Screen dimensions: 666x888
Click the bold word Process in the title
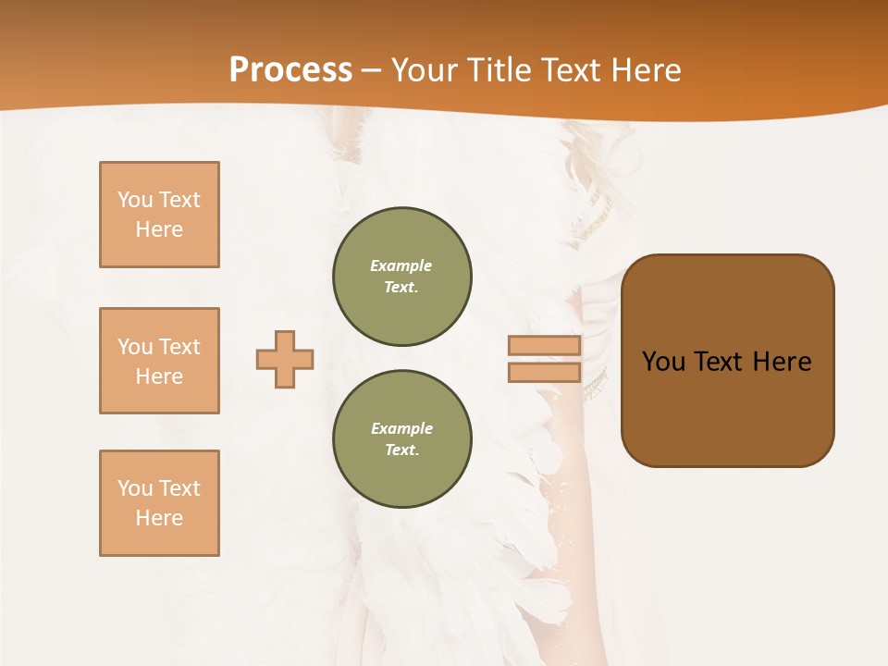(x=290, y=70)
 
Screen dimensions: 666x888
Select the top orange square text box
(x=159, y=215)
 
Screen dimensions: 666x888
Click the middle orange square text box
(x=159, y=361)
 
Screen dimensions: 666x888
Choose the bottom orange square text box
(x=159, y=503)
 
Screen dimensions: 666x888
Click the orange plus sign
(x=285, y=359)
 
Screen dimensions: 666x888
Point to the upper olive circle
(x=402, y=277)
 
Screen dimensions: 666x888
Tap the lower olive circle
(x=402, y=439)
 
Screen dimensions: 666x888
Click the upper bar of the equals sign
(x=544, y=346)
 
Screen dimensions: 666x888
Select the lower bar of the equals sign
(x=544, y=372)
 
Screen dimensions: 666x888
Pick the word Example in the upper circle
(x=401, y=265)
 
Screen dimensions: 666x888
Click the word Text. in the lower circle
(x=401, y=450)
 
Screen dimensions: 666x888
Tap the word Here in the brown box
(x=782, y=362)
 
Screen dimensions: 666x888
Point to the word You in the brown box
(x=664, y=362)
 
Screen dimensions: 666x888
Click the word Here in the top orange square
(x=159, y=229)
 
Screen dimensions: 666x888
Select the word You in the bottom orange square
(x=135, y=488)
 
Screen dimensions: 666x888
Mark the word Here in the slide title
(x=646, y=70)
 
